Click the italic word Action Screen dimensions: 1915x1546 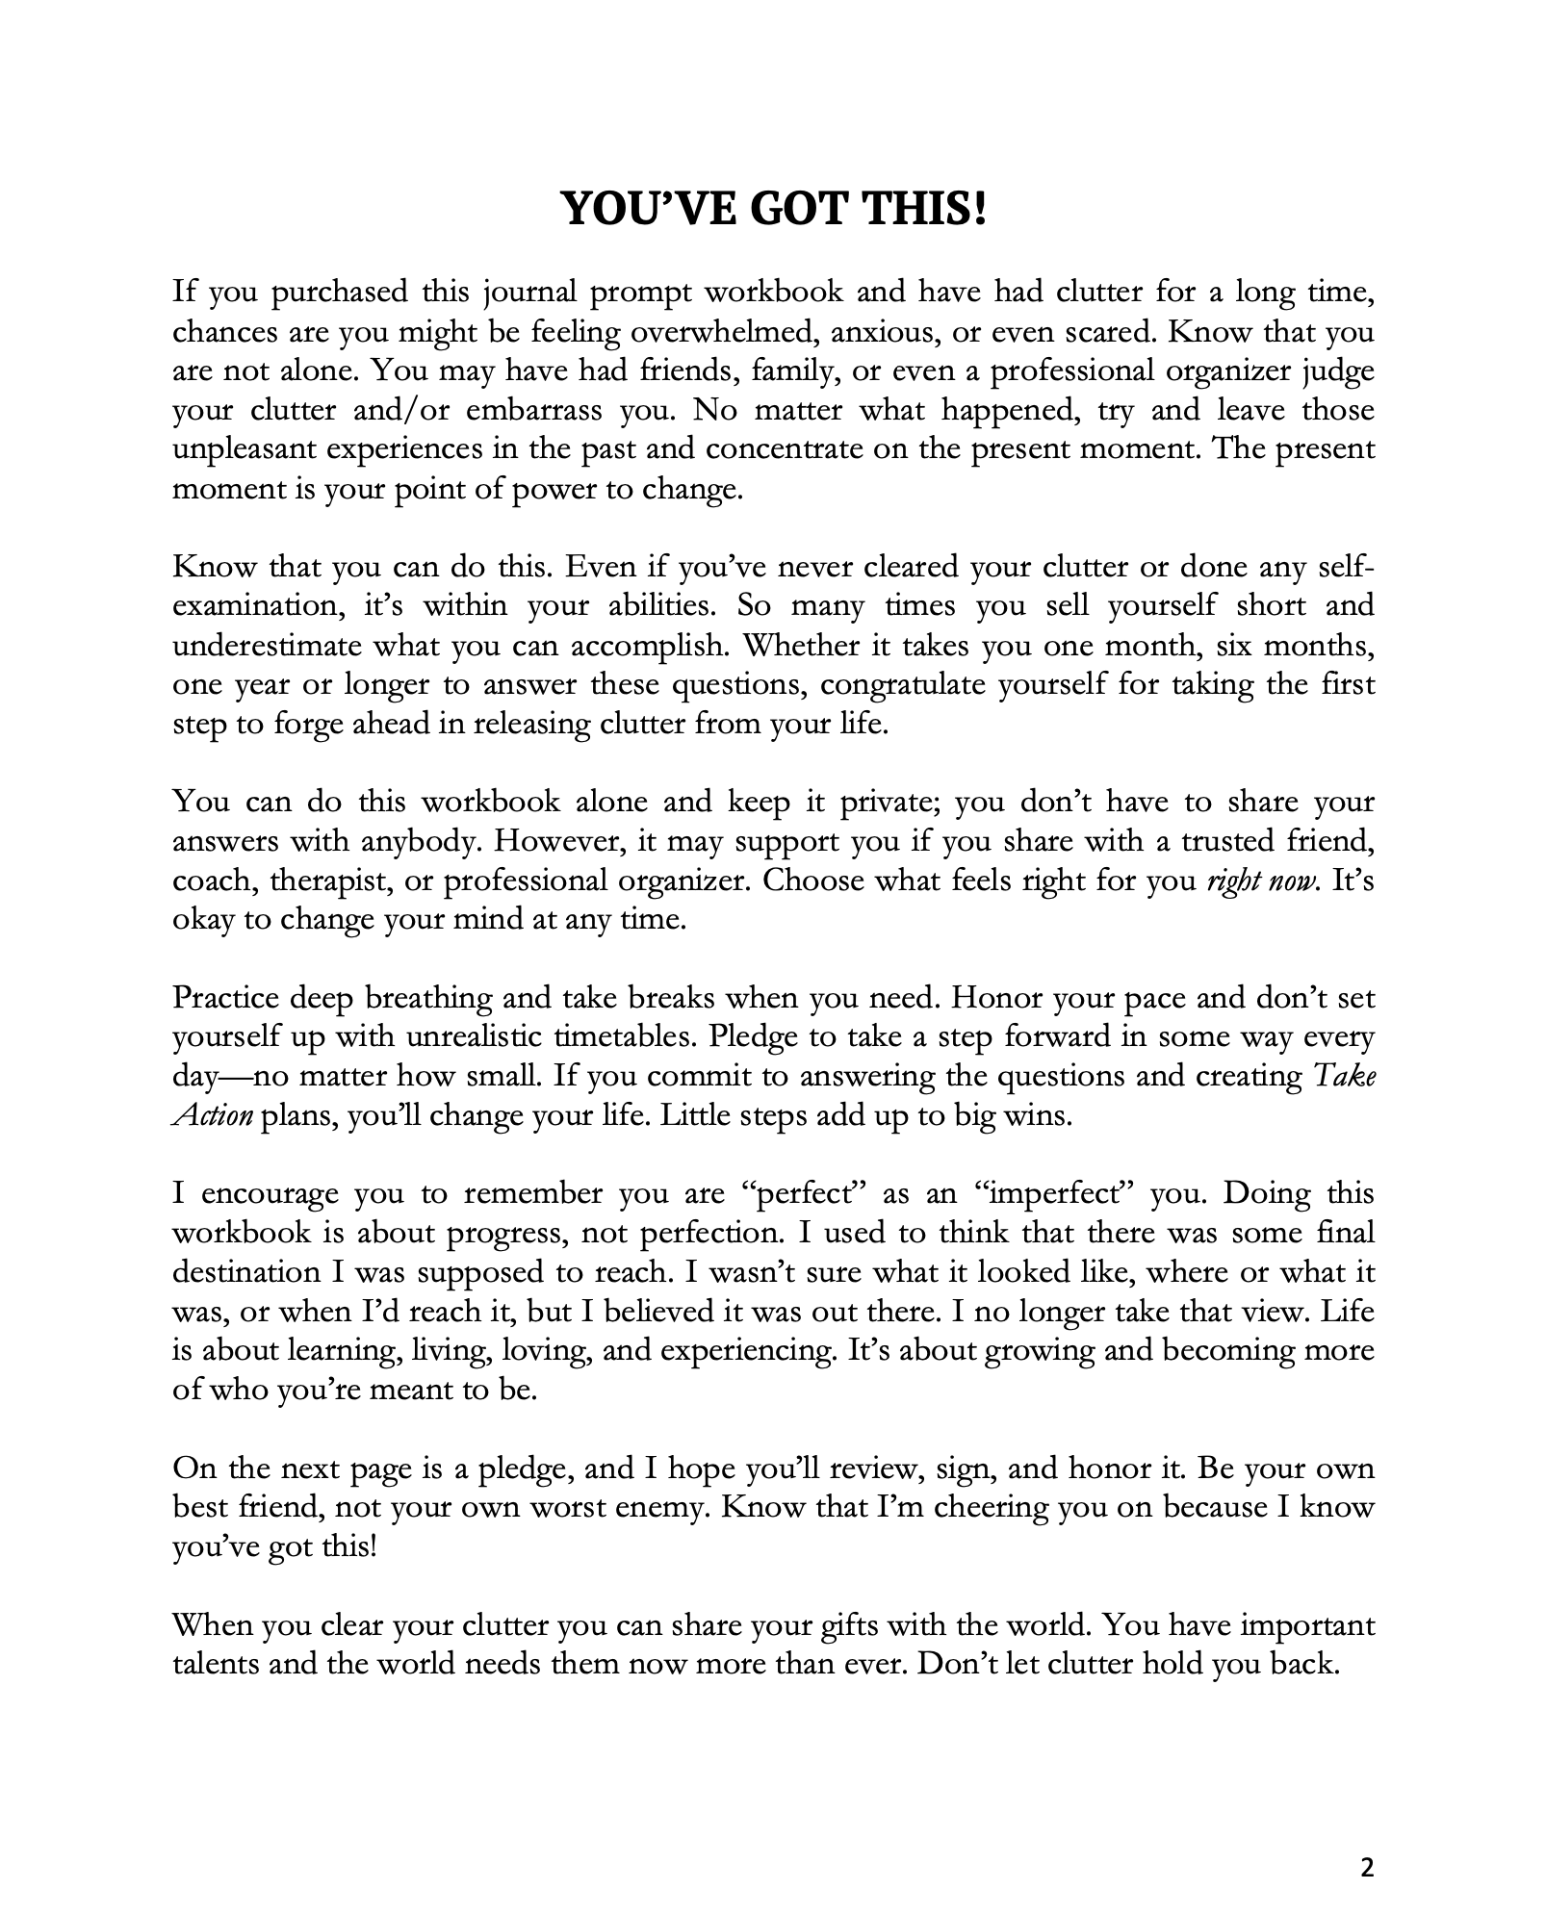click(x=212, y=1116)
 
